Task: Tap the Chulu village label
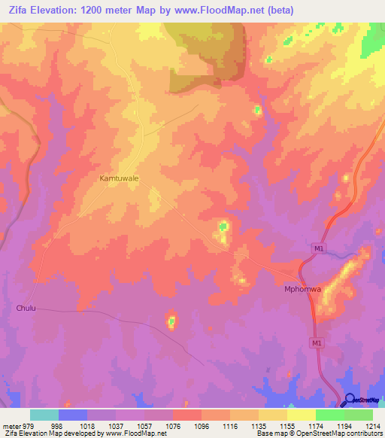click(26, 309)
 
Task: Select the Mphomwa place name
click(302, 289)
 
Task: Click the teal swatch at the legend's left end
click(44, 415)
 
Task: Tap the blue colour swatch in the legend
click(73, 415)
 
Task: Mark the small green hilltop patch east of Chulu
click(171, 322)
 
